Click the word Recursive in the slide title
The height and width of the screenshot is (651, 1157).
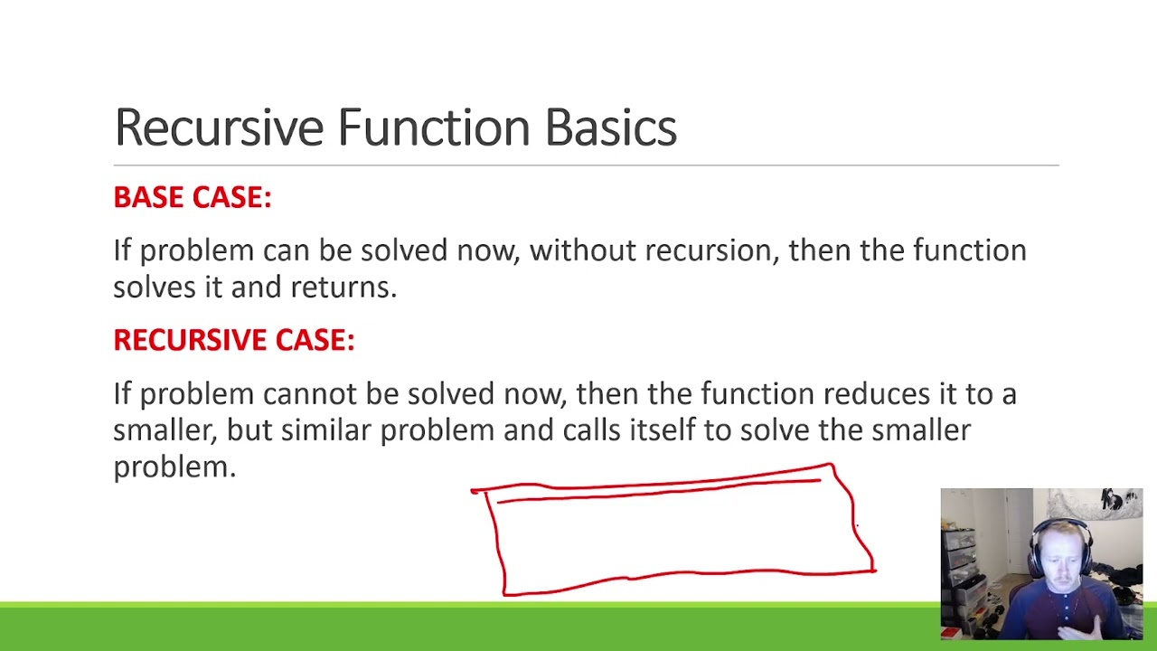click(x=218, y=127)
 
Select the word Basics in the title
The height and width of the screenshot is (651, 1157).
click(x=610, y=127)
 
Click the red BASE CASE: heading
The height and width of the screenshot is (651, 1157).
click(x=192, y=197)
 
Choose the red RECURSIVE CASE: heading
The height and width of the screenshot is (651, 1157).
click(x=233, y=340)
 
